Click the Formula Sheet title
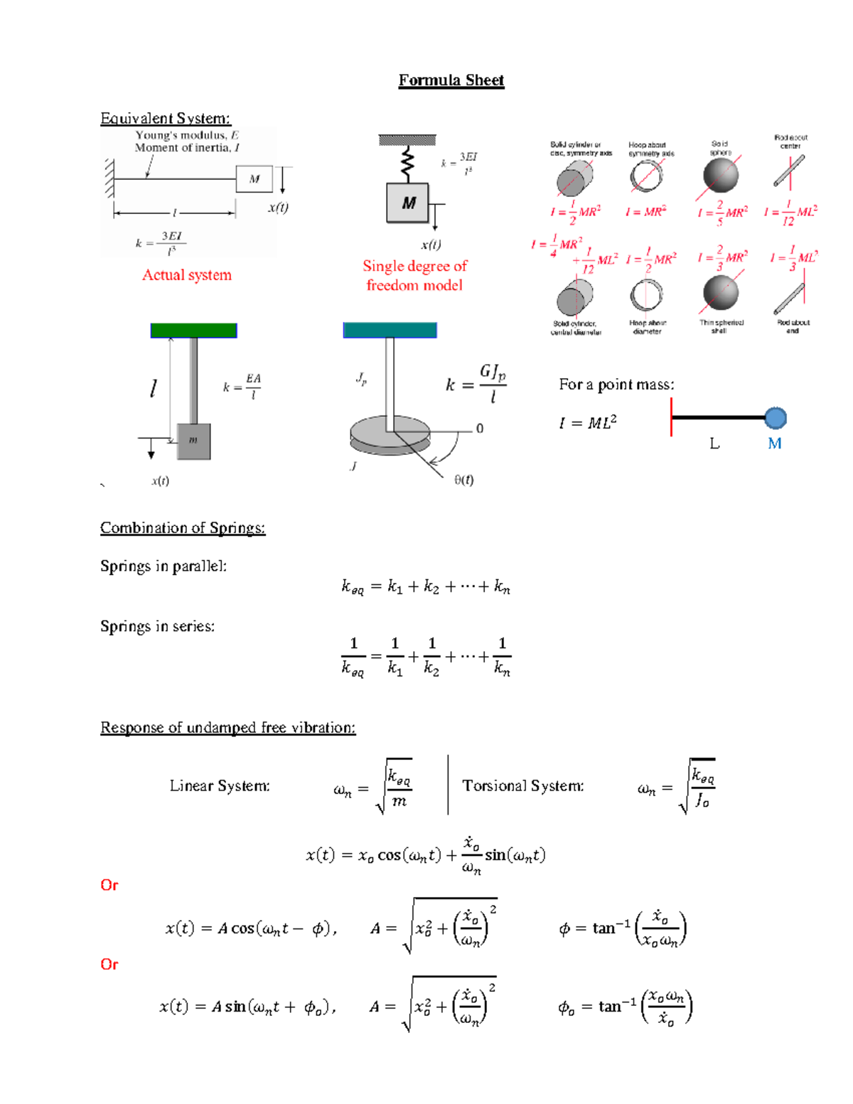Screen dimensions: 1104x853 [x=451, y=80]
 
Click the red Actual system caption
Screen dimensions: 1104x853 [x=187, y=275]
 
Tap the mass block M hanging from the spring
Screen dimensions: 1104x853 [x=408, y=203]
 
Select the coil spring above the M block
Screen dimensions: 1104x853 [x=407, y=164]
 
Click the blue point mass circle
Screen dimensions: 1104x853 [x=775, y=418]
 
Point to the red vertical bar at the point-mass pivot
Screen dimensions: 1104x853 [x=672, y=417]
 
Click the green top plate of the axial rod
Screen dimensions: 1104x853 [x=193, y=330]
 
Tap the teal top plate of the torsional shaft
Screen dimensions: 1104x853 [x=390, y=330]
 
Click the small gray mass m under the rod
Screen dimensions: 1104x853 [x=193, y=441]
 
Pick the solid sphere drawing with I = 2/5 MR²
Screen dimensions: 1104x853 [x=720, y=176]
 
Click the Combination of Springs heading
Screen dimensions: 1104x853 [x=183, y=528]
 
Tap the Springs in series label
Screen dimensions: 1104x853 [x=157, y=626]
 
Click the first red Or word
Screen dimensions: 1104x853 [x=109, y=885]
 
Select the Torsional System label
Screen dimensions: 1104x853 [x=523, y=786]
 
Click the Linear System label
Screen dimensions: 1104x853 [x=220, y=786]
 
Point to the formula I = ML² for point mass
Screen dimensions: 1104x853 [x=587, y=423]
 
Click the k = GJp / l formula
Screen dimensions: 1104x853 [x=476, y=384]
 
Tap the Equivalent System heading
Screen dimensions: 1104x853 [x=165, y=119]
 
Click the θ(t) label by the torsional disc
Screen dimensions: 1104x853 [x=464, y=480]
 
